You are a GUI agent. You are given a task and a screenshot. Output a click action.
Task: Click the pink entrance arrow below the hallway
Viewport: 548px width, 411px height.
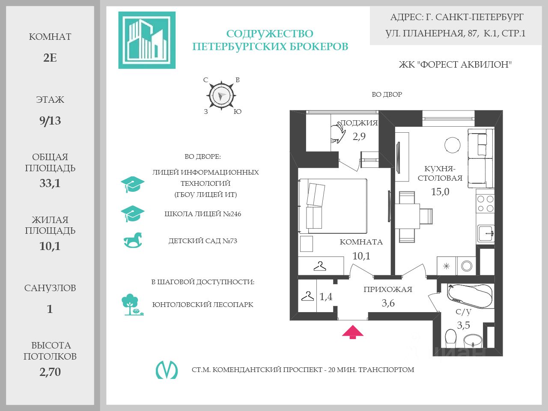coord(353,332)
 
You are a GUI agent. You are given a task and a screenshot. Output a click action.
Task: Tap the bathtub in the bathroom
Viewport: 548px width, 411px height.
coord(470,295)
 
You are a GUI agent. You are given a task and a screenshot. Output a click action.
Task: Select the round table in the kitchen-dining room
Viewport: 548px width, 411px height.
coord(452,145)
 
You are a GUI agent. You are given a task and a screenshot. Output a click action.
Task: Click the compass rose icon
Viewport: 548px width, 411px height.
coord(221,95)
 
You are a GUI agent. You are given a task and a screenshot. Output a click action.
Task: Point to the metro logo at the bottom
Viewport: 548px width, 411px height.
coord(167,369)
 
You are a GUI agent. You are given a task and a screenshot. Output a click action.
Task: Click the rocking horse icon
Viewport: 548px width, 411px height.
coord(133,241)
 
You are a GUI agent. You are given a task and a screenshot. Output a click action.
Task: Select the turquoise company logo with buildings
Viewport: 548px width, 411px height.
coord(147,40)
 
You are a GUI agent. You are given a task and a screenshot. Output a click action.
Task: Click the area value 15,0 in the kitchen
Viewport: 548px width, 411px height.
coord(440,192)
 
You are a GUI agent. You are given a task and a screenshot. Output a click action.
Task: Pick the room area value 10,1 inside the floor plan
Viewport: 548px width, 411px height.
coord(361,256)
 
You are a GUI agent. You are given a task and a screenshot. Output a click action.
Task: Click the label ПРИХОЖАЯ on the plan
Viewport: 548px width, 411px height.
coord(388,289)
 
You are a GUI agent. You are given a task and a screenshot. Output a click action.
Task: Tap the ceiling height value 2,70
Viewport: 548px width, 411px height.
coord(50,372)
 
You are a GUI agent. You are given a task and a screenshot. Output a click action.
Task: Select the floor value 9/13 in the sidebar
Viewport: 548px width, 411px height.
coord(50,121)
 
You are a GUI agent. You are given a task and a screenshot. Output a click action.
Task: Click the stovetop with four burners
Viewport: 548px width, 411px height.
coord(485,203)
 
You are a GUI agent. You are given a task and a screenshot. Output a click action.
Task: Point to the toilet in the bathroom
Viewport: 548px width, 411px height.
coord(451,338)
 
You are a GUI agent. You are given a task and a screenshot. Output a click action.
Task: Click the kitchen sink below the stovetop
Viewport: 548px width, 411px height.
coord(486,234)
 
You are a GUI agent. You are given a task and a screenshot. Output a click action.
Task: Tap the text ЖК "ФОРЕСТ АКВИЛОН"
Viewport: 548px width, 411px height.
coord(455,65)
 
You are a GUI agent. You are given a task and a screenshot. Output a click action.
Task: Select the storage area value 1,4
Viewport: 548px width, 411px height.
coord(326,296)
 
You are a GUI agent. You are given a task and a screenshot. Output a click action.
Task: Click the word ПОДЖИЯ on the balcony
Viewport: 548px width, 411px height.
coord(359,123)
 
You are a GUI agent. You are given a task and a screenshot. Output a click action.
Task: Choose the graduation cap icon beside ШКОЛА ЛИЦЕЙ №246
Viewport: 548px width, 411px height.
coord(133,214)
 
